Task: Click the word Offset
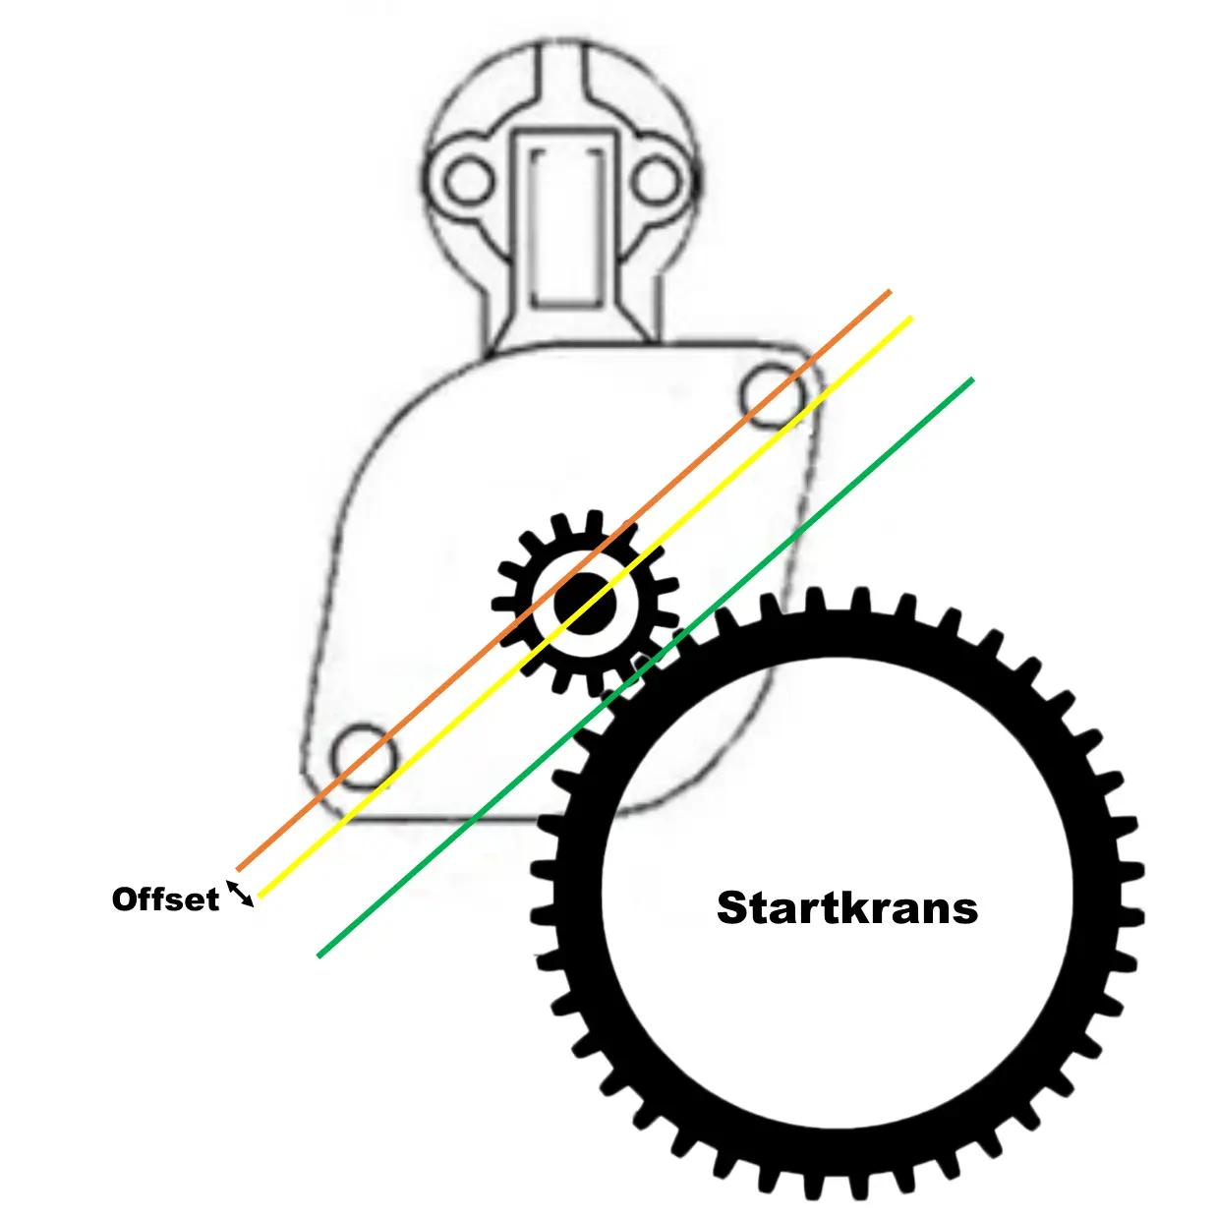(x=165, y=899)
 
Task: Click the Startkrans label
(x=847, y=907)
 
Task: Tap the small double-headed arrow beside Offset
(x=241, y=893)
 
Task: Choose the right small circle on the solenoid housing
(x=655, y=181)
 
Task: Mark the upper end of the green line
(x=971, y=379)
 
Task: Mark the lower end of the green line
(x=319, y=955)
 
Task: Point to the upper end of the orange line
(x=889, y=292)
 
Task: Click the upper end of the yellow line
(x=910, y=318)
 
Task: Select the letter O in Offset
(x=124, y=899)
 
